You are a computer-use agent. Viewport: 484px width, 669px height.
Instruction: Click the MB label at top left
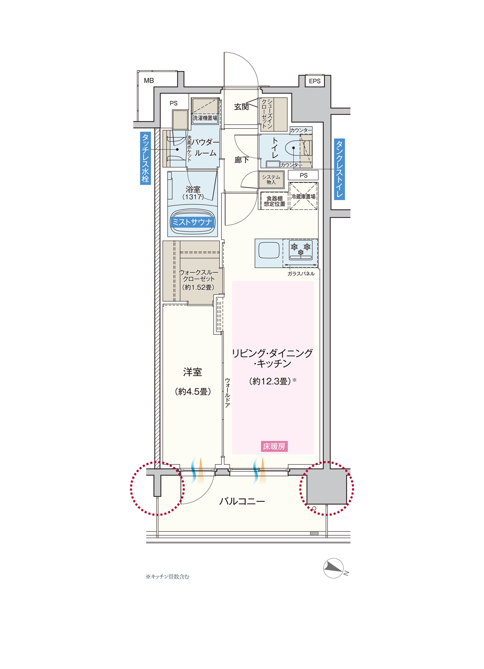coord(149,81)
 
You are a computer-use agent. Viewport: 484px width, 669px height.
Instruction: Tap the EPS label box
coord(315,81)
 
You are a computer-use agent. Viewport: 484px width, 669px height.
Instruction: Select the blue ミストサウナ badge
coord(192,222)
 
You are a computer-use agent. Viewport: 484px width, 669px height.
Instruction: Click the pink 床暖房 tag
coord(274,446)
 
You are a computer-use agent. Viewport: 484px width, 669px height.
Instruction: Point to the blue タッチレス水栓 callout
coord(146,158)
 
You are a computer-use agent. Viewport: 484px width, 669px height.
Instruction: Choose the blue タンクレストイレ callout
coord(339,169)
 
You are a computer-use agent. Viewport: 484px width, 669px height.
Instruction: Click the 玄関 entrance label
coord(241,107)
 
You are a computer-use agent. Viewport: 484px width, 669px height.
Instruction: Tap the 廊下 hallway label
coord(242,160)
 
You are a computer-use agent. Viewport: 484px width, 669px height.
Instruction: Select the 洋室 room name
coord(193,372)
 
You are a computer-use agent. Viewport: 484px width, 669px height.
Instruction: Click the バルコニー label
coord(242,501)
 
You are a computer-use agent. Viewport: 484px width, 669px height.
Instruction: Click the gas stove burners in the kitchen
coord(300,250)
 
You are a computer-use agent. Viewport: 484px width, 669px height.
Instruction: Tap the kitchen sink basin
coord(269,250)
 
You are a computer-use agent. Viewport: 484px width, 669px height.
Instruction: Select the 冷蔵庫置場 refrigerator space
coord(303,196)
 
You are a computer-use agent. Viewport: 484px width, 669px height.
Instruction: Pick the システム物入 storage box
coord(271,180)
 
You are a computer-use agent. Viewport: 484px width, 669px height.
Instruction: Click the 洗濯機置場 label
coord(205,118)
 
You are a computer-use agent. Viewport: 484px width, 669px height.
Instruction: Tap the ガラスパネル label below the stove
coord(301,274)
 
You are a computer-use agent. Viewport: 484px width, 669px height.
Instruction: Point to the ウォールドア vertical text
coord(227,393)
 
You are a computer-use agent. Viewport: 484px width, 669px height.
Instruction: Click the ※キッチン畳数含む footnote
coord(167,577)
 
